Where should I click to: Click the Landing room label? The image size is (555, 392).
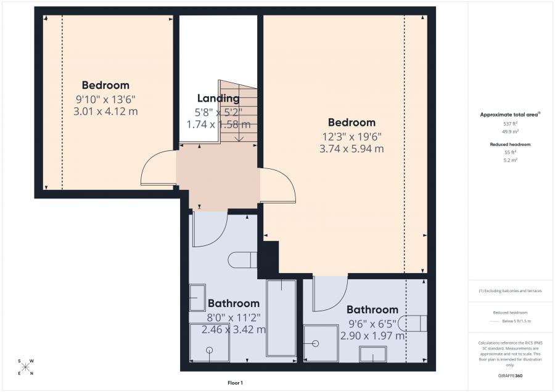coord(218,98)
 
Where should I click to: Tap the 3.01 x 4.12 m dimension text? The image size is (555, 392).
coord(105,111)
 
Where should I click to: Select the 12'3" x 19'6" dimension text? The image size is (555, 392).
coord(351,136)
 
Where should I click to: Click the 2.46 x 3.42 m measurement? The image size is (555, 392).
coord(234,329)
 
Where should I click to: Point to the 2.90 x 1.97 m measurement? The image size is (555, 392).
coord(372,336)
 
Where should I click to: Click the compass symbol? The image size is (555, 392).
coord(25,367)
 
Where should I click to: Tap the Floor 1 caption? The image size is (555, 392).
coord(235,383)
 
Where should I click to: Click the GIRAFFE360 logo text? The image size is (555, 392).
coord(510,375)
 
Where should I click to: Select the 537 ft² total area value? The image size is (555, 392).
coord(510,124)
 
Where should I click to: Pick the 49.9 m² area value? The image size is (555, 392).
coord(510,131)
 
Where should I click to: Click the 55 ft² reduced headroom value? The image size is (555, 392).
coord(510,152)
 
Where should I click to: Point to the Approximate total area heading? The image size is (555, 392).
coord(510,115)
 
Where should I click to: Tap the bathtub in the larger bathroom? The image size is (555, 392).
coord(281,317)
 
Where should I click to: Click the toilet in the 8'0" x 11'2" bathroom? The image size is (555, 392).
coord(242,261)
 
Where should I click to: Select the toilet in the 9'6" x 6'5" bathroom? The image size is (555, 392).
coord(413,323)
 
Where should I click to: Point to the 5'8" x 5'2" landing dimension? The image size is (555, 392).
coord(218,112)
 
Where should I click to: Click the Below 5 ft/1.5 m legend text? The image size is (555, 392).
coord(517,321)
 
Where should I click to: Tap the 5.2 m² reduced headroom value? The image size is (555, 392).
coord(510,160)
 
